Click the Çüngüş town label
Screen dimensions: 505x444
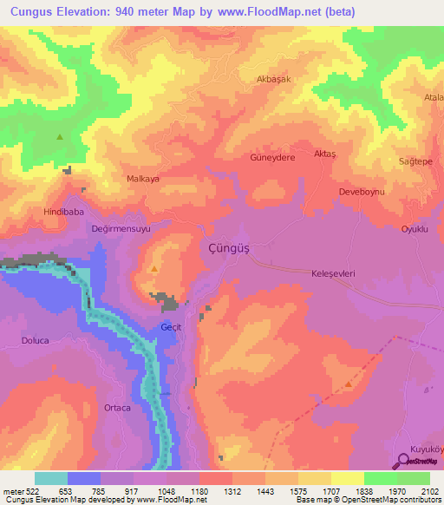pyautogui.click(x=230, y=249)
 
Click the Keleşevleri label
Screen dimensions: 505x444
pyautogui.click(x=335, y=272)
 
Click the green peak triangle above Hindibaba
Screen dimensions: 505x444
pyautogui.click(x=60, y=137)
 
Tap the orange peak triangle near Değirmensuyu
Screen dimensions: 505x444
pyautogui.click(x=153, y=269)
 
